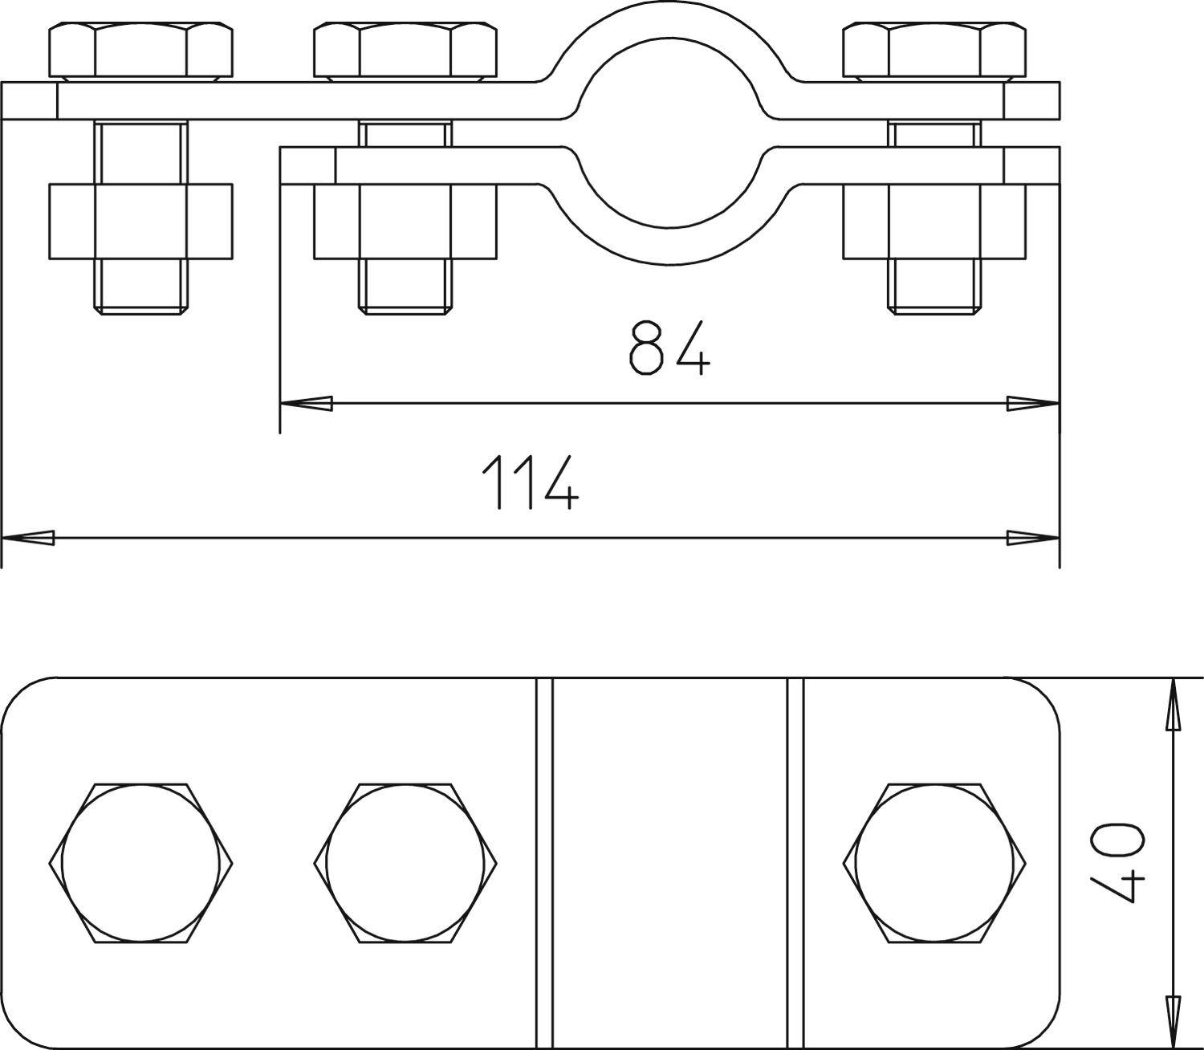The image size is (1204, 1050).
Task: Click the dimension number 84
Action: (x=669, y=348)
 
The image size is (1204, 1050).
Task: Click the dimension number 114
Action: (x=530, y=482)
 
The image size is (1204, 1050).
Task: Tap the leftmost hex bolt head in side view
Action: (x=140, y=51)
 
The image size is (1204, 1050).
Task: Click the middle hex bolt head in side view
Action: (x=405, y=51)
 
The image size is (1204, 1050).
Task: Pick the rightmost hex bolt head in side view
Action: (x=934, y=51)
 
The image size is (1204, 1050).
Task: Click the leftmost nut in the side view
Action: (x=140, y=222)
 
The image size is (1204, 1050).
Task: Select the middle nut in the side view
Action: (x=405, y=222)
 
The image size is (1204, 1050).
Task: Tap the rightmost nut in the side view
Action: (x=934, y=222)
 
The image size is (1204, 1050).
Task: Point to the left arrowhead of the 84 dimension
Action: (x=305, y=404)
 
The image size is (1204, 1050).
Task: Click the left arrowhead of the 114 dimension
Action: (x=28, y=538)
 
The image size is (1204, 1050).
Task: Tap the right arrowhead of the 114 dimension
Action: (x=1034, y=538)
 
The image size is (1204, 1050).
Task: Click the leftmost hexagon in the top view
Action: (x=140, y=863)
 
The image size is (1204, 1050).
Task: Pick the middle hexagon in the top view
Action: (x=405, y=863)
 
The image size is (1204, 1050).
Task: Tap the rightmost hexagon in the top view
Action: (x=934, y=863)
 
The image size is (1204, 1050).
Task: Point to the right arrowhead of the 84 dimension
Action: (x=1034, y=404)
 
